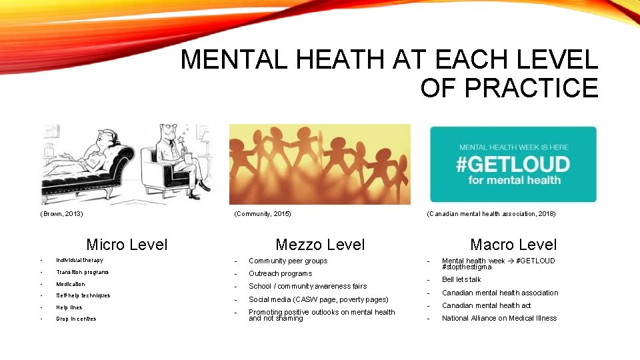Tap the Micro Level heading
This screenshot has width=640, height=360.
127,245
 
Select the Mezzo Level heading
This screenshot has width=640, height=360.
320,245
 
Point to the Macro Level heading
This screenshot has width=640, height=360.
513,245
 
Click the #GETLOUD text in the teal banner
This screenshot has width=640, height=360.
513,164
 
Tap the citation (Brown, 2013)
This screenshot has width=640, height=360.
62,214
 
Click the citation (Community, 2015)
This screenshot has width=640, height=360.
263,214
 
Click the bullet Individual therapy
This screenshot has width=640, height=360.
79,260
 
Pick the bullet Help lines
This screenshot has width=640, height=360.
69,307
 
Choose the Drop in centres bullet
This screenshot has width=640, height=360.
76,319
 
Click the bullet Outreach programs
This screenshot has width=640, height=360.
280,273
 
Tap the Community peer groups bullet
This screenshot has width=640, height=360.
288,261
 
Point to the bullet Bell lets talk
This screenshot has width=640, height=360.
461,279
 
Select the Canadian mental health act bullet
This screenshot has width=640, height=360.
486,305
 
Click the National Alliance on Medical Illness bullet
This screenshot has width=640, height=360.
499,318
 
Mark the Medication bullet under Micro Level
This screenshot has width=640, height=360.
71,284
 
